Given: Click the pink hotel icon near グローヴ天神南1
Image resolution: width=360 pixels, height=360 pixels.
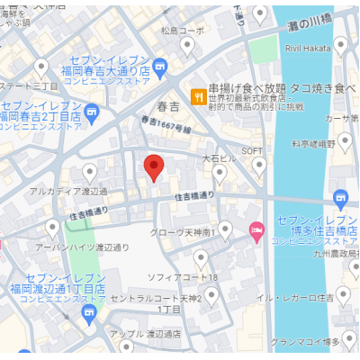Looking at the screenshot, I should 256,231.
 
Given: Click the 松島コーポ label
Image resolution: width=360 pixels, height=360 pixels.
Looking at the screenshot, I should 182,30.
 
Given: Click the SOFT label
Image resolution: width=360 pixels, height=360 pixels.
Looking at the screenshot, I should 251,149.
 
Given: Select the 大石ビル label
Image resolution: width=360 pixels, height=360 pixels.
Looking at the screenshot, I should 219,157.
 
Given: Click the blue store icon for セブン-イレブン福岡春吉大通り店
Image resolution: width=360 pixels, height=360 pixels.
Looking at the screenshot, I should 160,66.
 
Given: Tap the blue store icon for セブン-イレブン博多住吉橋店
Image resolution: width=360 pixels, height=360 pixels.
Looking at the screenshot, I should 340,199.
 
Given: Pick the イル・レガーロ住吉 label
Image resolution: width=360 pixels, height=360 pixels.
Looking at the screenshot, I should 296,297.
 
